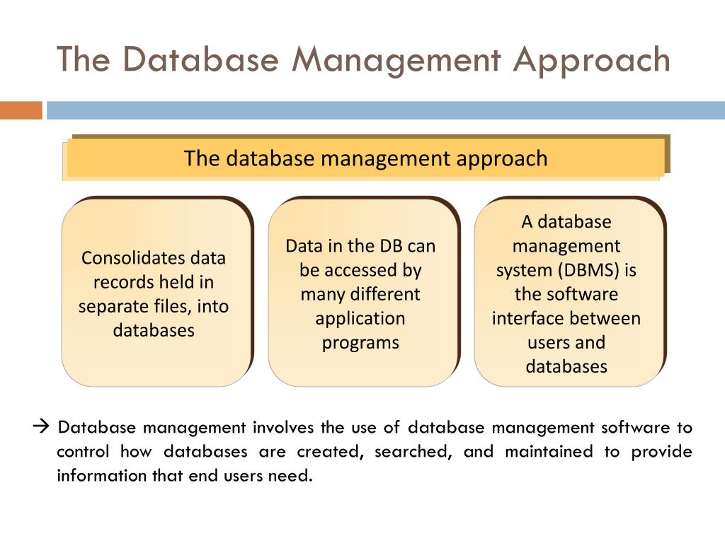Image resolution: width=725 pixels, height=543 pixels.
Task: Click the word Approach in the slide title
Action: (x=591, y=61)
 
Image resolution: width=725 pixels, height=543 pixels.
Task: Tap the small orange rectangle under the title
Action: (x=21, y=110)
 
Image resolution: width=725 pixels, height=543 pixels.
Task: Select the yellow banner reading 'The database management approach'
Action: (x=365, y=158)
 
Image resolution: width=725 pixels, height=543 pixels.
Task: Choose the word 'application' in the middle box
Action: (x=360, y=318)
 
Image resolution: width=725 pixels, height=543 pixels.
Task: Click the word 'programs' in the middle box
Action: (x=360, y=342)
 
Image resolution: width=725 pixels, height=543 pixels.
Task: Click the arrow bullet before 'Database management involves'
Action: (x=40, y=427)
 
